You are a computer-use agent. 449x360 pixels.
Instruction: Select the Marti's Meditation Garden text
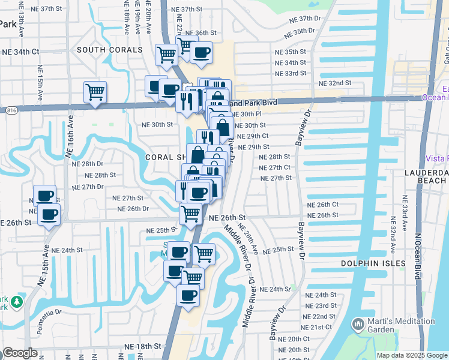pyautogui.click(x=402, y=325)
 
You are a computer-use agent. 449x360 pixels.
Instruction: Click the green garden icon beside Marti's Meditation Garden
pyautogui.click(x=358, y=325)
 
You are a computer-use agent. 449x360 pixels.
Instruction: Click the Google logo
pyautogui.click(x=20, y=353)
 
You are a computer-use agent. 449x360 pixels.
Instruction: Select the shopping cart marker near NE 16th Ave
pyautogui.click(x=95, y=92)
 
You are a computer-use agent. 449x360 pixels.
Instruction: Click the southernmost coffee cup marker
pyautogui.click(x=188, y=296)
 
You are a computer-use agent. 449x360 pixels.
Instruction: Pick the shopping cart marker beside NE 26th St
pyautogui.click(x=190, y=213)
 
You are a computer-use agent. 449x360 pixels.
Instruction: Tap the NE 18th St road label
pyautogui.click(x=143, y=347)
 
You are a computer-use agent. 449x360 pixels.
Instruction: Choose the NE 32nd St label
pyautogui.click(x=334, y=83)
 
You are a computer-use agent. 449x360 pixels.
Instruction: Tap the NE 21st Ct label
pyautogui.click(x=317, y=327)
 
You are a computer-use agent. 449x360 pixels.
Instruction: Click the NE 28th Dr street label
pyautogui.click(x=83, y=164)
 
